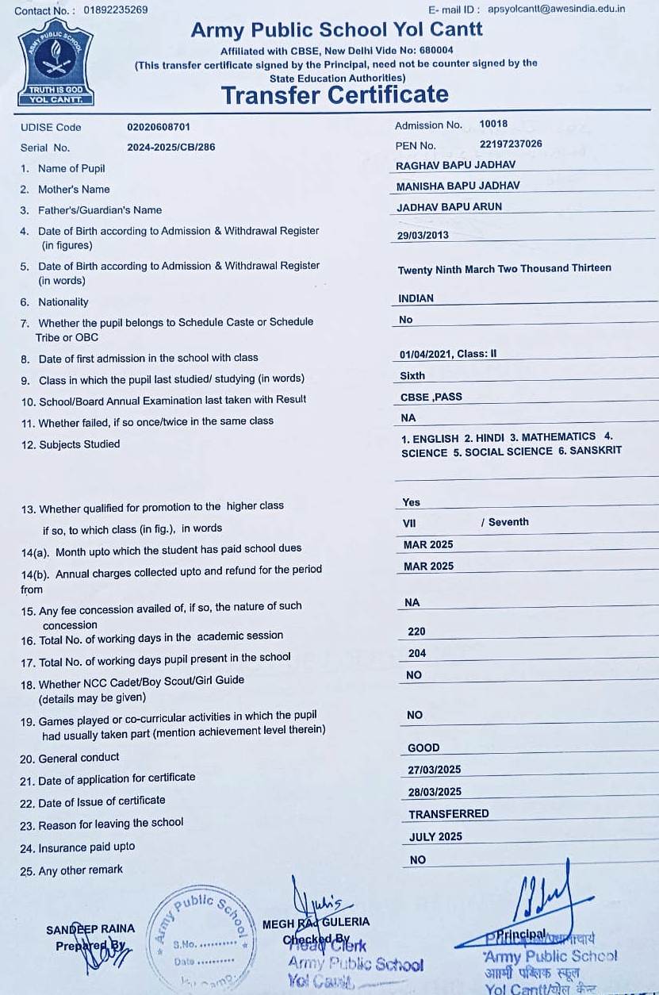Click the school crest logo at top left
click(56, 63)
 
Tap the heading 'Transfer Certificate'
click(335, 95)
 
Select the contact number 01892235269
click(115, 10)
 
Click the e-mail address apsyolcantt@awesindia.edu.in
click(556, 10)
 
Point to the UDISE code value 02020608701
click(159, 127)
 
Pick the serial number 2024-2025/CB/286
click(170, 148)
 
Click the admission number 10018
click(493, 125)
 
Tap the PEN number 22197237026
click(511, 144)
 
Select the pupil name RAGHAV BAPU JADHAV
click(455, 165)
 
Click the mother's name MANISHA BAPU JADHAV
click(458, 186)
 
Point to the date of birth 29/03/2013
click(423, 236)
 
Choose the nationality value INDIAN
click(416, 299)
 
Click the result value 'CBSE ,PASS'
click(431, 397)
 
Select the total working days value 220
click(416, 632)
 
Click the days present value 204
click(416, 654)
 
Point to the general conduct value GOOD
click(423, 748)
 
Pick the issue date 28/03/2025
click(435, 792)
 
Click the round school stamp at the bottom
click(202, 936)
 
